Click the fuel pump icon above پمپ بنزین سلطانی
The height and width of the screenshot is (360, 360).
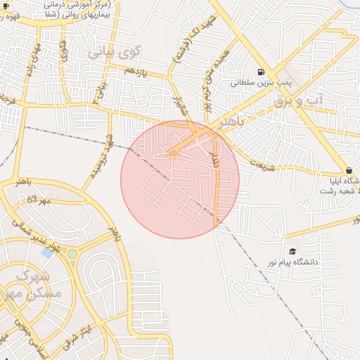click(262, 72)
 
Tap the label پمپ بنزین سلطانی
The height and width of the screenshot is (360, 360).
click(261, 82)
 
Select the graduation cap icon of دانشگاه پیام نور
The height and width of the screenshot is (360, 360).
click(292, 252)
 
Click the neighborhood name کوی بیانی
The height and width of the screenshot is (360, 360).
click(115, 51)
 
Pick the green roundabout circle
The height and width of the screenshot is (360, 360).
click(72, 253)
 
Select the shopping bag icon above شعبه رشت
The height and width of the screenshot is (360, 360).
click(349, 170)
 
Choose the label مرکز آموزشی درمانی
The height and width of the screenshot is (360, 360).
click(81, 5)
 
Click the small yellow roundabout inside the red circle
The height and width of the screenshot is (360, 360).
click(173, 154)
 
